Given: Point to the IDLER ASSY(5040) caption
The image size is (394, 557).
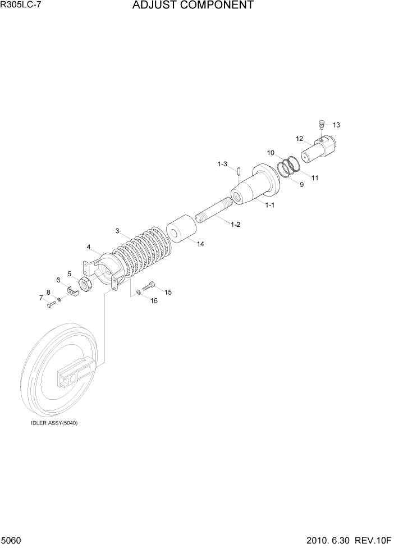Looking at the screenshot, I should coord(54,423).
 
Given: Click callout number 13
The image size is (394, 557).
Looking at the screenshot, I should coord(336,125).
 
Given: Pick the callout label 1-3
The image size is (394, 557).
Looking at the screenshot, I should coord(222,164).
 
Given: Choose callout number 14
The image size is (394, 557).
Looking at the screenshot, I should coord(200,244).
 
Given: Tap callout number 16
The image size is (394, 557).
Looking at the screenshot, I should coord(154,300).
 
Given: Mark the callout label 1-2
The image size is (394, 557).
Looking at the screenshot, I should coord(235,225).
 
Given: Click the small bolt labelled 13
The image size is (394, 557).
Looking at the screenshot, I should coord(322,124).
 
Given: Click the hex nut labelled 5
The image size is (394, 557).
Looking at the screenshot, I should coord(86,285).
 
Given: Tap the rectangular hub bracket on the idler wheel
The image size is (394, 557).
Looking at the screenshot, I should coord(75,374).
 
